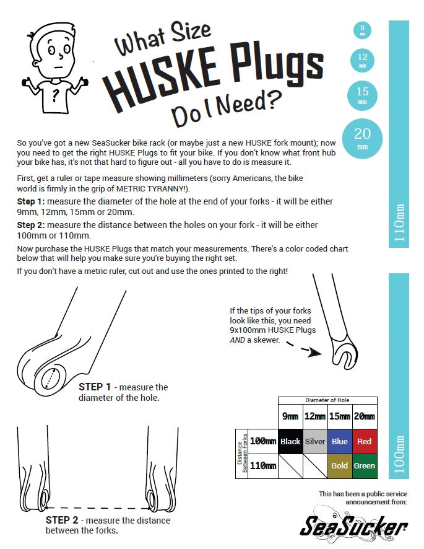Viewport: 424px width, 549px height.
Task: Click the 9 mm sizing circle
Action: (362, 30)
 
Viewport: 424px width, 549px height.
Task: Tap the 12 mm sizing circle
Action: (363, 60)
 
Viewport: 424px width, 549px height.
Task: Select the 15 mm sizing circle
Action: (363, 95)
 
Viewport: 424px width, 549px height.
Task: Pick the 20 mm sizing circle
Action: (362, 138)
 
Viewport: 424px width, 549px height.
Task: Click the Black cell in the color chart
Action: (290, 442)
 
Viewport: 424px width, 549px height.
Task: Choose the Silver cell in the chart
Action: (315, 442)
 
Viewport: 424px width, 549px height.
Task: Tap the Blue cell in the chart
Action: (340, 442)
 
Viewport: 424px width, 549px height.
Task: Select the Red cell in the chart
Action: (365, 442)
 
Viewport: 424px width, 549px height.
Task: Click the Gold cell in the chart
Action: (340, 466)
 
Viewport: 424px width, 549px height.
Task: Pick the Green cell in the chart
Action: (365, 466)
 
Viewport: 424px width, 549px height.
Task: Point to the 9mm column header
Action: (290, 416)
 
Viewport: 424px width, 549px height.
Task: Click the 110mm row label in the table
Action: (263, 466)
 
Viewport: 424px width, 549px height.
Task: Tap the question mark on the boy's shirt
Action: (55, 95)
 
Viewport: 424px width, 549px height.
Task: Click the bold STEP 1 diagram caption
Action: (95, 387)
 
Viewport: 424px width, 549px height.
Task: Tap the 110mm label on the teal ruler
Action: (399, 222)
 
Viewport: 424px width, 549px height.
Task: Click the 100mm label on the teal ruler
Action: (399, 454)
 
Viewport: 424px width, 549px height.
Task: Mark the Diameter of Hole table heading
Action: (327, 400)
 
